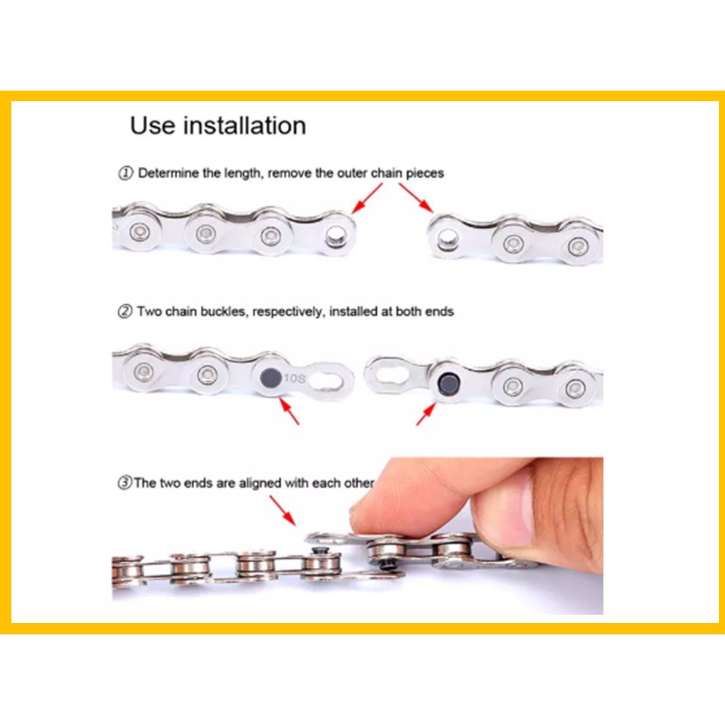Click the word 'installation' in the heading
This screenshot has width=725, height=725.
click(245, 126)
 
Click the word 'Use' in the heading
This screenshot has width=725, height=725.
click(152, 126)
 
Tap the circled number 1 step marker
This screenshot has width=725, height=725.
click(125, 174)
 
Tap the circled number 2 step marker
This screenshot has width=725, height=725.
click(125, 312)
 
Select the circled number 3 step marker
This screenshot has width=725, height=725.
click(125, 483)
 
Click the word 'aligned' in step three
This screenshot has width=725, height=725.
click(260, 483)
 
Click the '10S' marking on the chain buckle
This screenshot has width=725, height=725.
click(295, 378)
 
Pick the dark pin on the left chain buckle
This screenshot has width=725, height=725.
click(270, 378)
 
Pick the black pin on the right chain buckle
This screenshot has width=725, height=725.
click(448, 382)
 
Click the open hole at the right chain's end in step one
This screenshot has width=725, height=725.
click(446, 239)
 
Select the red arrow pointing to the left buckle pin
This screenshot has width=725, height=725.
click(289, 412)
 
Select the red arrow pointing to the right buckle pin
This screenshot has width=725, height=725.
click(426, 414)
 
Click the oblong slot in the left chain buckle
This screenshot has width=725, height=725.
click(327, 380)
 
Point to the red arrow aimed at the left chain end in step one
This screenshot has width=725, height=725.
click(367, 199)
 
